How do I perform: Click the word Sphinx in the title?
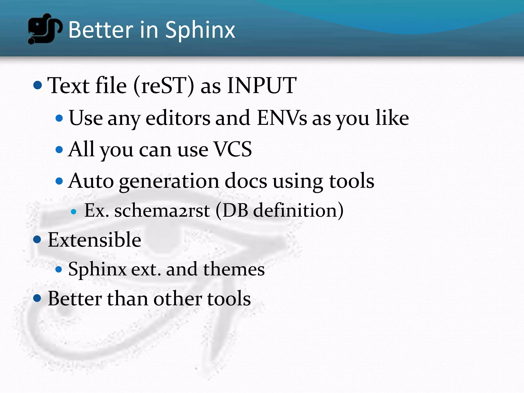click(x=200, y=30)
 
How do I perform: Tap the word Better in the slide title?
click(x=101, y=30)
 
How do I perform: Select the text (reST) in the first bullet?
click(x=164, y=86)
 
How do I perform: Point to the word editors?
click(x=178, y=118)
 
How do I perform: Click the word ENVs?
click(x=282, y=118)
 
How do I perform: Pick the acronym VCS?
click(x=233, y=149)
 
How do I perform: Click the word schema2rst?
click(x=162, y=211)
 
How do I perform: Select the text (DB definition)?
click(x=280, y=211)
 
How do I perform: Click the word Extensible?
click(x=94, y=240)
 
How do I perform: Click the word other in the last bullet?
click(x=177, y=299)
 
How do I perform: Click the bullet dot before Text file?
click(x=38, y=85)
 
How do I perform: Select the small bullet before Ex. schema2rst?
click(x=74, y=212)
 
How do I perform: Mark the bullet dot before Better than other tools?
click(x=37, y=298)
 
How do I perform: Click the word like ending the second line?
click(x=392, y=118)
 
